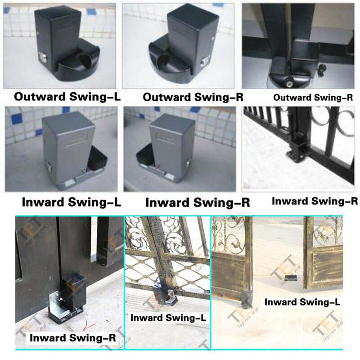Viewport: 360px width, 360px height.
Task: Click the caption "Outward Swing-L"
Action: click(x=67, y=96)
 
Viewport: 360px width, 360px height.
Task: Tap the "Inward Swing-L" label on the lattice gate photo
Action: click(x=168, y=317)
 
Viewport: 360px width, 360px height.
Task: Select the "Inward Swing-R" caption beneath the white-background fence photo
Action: click(x=315, y=201)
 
